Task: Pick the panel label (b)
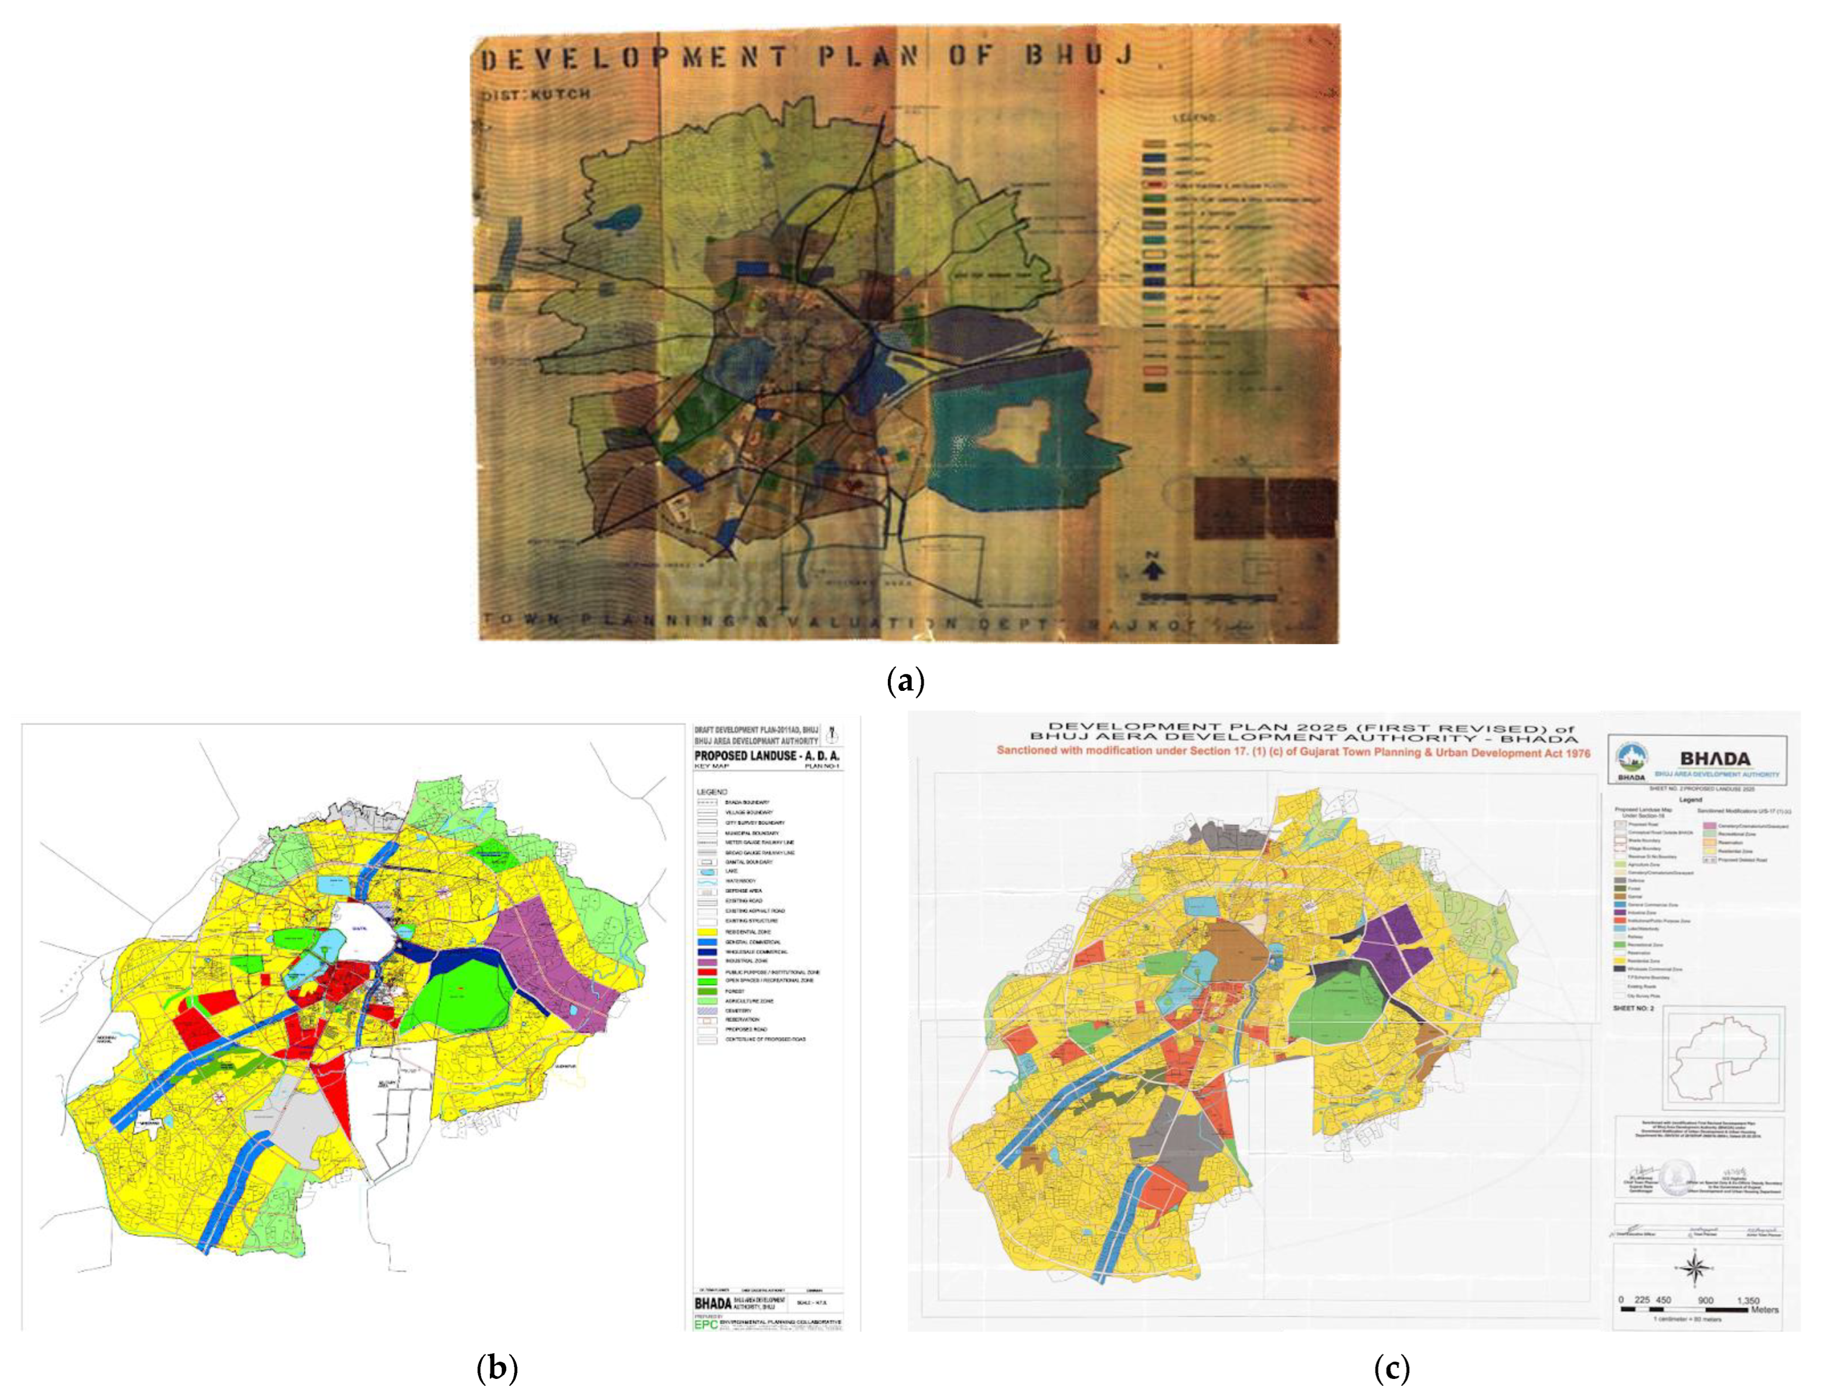click(x=497, y=1368)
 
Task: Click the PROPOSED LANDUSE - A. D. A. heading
click(x=766, y=756)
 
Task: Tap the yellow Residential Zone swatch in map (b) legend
click(x=707, y=932)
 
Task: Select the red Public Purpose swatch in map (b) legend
click(x=707, y=972)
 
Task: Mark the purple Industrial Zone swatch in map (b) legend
click(x=707, y=962)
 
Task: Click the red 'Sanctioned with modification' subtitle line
click(x=1293, y=752)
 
